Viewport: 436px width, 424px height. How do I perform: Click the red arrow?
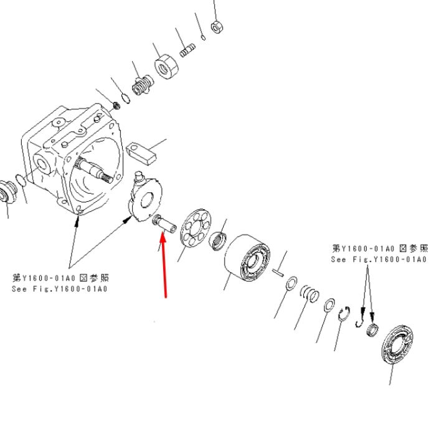[164, 265]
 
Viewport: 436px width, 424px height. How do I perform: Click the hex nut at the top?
[217, 27]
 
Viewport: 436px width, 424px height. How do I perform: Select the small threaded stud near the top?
[187, 50]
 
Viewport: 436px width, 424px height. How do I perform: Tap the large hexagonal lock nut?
[166, 67]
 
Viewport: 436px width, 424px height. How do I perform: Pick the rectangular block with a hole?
[141, 154]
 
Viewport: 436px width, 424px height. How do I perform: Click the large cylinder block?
[247, 257]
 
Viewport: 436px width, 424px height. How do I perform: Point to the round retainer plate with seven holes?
[196, 227]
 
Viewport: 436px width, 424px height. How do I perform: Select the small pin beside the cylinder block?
[278, 271]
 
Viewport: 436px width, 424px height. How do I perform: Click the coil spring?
[310, 294]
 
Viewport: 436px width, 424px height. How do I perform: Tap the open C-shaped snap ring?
[344, 314]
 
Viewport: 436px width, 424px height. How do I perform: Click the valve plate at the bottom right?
[397, 344]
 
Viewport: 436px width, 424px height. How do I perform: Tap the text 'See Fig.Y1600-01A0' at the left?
[60, 289]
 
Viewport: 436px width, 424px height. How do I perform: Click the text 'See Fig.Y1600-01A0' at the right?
[379, 260]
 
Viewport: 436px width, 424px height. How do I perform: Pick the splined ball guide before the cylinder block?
[218, 241]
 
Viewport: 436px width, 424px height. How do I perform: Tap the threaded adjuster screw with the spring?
[143, 85]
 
